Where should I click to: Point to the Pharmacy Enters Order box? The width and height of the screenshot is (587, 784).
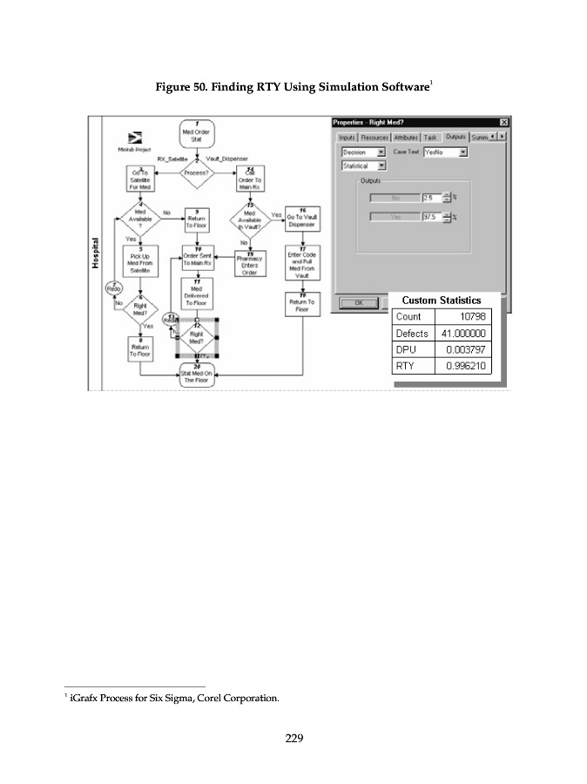250,264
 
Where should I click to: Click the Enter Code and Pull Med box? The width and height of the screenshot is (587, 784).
302,262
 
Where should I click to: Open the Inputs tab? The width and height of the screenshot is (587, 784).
347,138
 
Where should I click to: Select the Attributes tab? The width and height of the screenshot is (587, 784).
406,138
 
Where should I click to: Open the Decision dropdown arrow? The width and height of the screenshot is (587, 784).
381,152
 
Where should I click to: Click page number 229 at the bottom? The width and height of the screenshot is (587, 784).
293,739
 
